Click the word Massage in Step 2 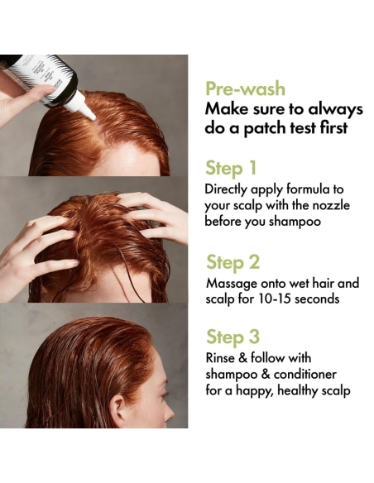click(x=230, y=283)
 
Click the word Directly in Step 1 click(x=229, y=189)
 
